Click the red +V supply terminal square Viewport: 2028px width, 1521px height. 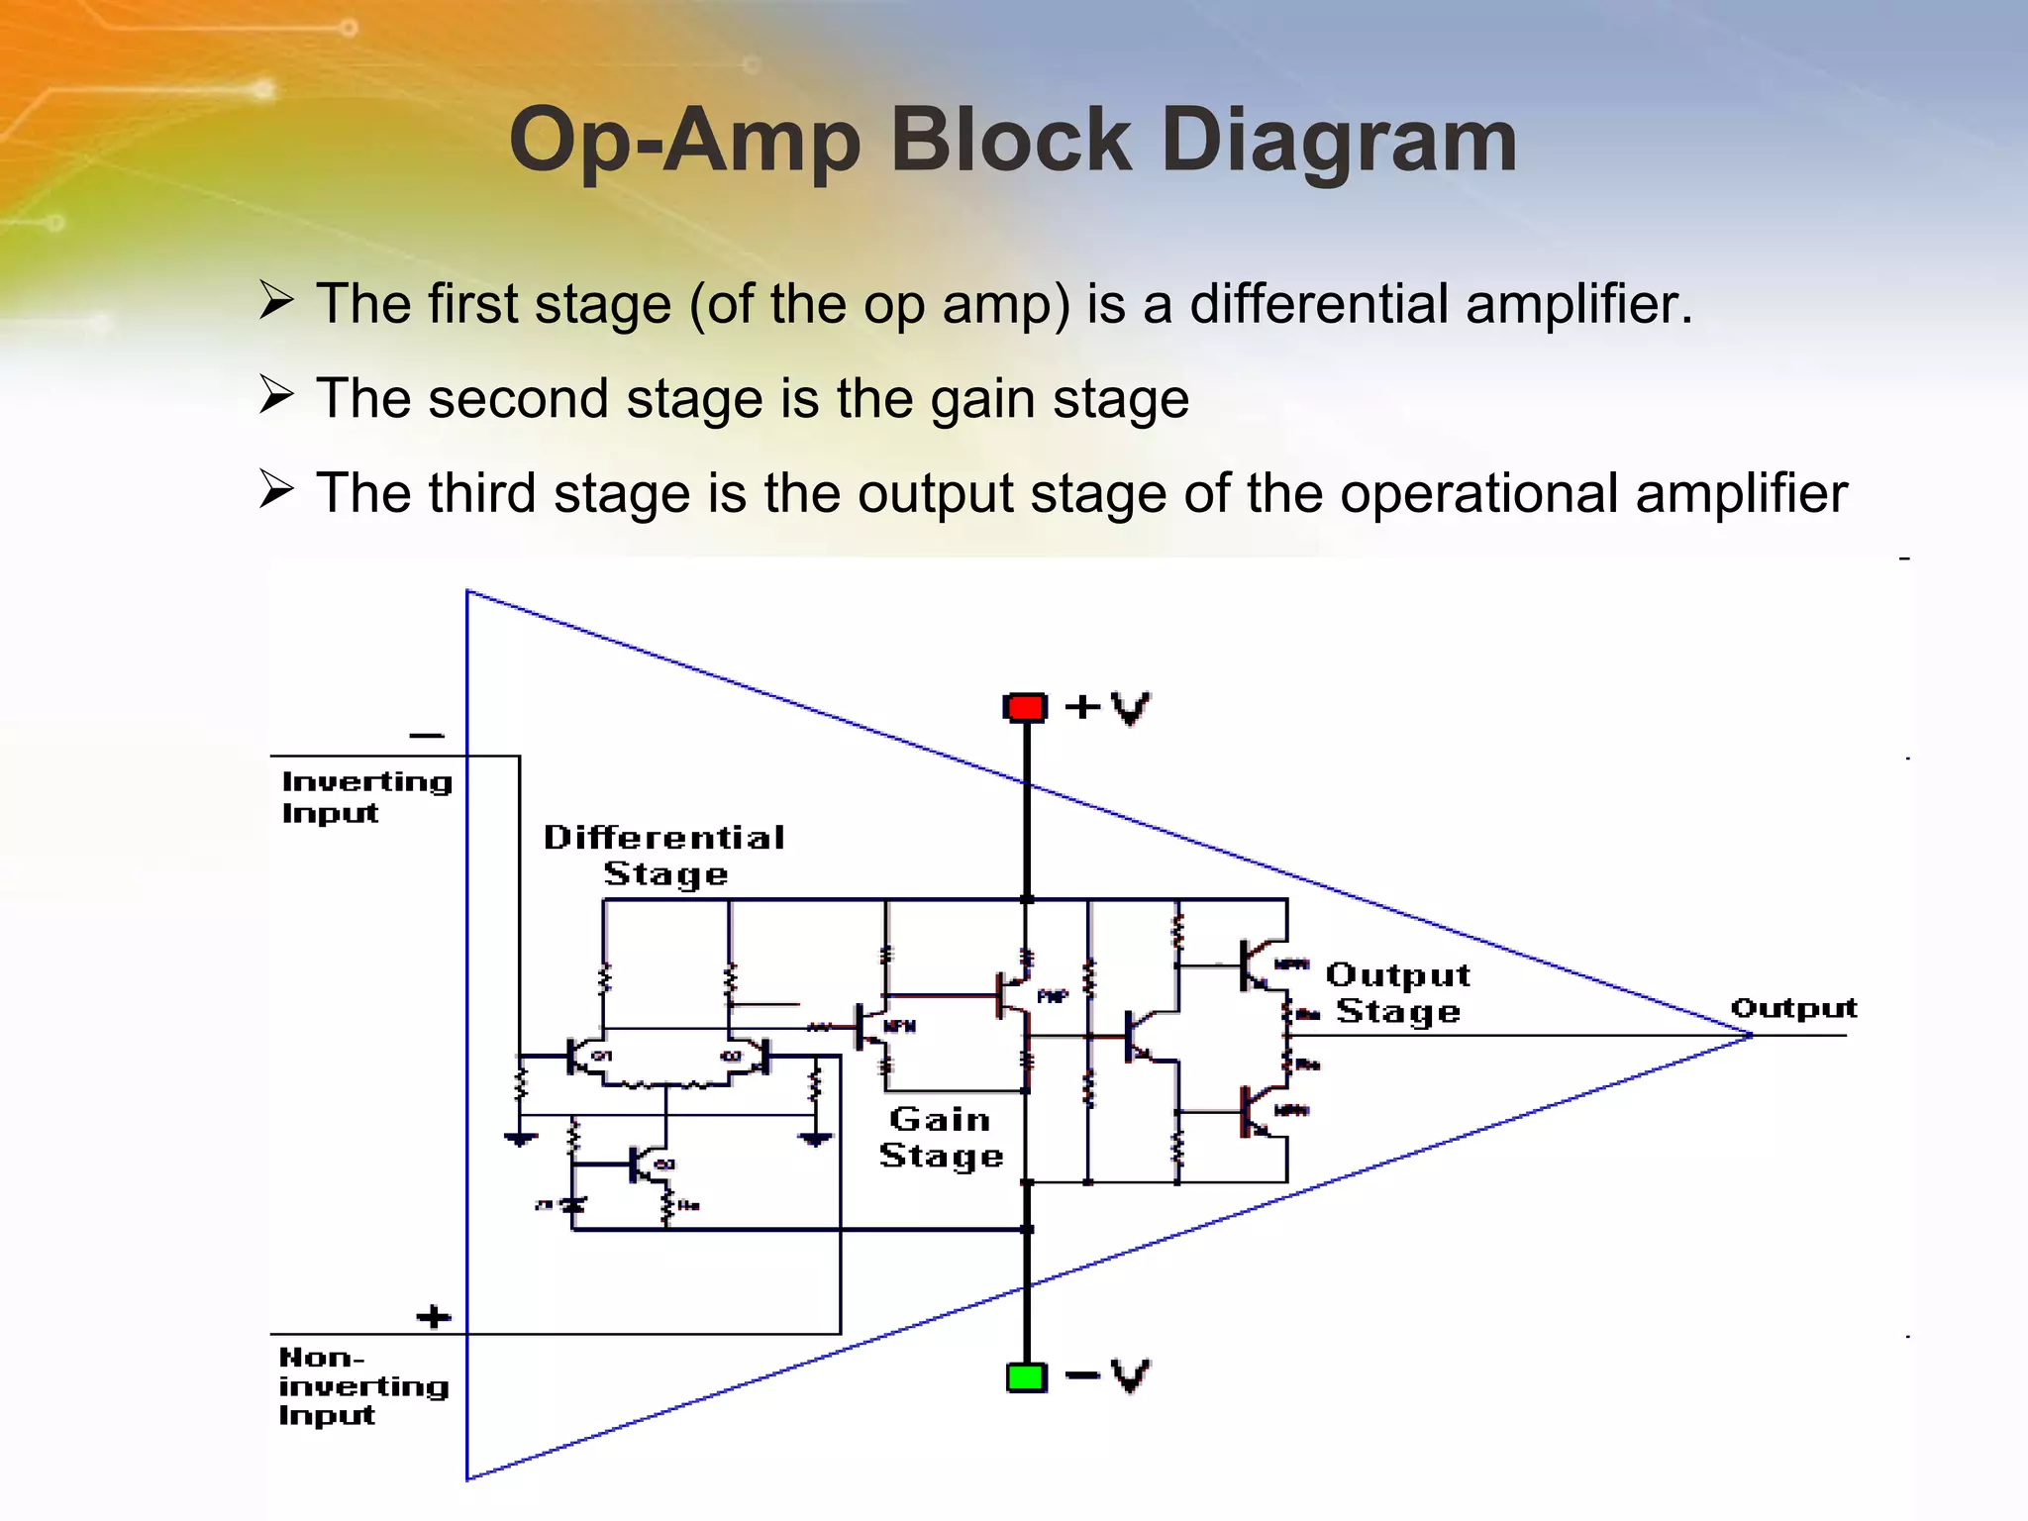1026,707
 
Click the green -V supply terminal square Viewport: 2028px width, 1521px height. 1026,1377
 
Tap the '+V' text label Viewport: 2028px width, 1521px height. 1108,707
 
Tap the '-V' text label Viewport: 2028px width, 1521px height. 1108,1375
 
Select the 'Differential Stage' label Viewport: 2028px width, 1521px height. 664,856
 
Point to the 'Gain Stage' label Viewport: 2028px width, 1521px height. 941,1137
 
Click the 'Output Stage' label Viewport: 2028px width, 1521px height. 1397,993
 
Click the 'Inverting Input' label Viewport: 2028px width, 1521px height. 365,796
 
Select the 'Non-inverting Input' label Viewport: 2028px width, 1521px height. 362,1385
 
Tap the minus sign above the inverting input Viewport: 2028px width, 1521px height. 427,735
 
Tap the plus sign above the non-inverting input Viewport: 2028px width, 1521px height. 433,1317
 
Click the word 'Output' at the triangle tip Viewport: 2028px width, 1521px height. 1792,1008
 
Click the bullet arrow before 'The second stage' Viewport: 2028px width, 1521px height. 276,395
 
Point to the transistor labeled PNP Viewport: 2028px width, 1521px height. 1015,994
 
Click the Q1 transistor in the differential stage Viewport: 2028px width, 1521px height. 584,1056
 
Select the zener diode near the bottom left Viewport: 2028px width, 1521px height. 572,1205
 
